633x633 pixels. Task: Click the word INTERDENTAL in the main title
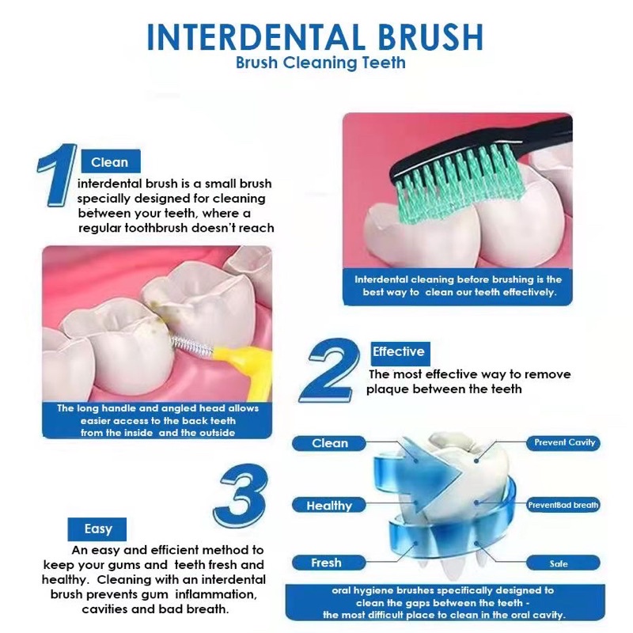(256, 37)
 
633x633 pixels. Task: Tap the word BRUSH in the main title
(430, 37)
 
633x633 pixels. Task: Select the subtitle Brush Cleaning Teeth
(320, 63)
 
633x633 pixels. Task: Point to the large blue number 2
(330, 370)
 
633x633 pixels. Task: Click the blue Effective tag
(400, 352)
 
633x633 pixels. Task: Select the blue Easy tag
(97, 529)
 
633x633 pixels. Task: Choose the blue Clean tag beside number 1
(111, 161)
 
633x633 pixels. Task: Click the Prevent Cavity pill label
(563, 443)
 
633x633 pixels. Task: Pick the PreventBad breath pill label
(563, 505)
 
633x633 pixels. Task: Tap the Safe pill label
(563, 563)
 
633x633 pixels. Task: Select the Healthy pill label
(329, 506)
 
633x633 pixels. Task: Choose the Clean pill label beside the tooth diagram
(329, 443)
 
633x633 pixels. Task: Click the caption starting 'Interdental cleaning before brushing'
(458, 286)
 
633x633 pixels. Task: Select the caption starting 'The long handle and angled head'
(157, 420)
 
